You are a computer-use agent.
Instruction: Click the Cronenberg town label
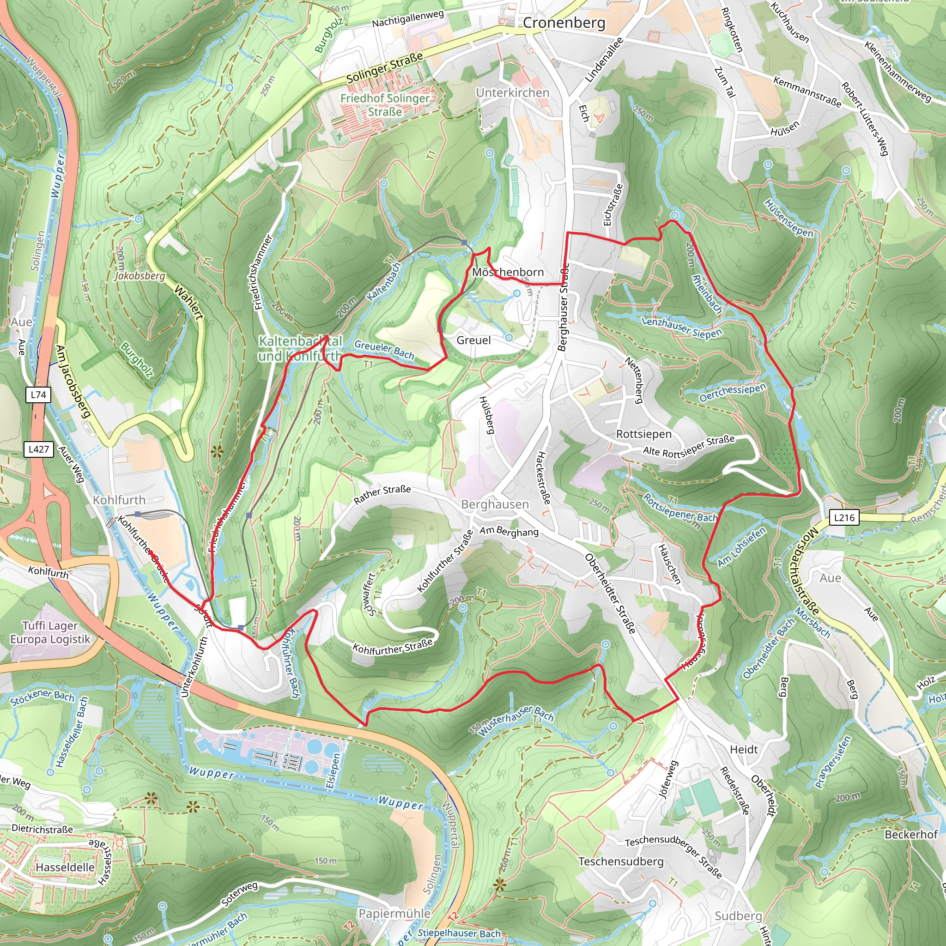pyautogui.click(x=564, y=23)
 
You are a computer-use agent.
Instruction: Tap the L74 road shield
pyautogui.click(x=38, y=394)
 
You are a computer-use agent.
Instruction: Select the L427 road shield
pyautogui.click(x=39, y=449)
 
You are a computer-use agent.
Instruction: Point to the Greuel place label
pyautogui.click(x=473, y=340)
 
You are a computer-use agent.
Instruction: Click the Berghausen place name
pyautogui.click(x=495, y=504)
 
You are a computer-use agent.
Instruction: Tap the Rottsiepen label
pyautogui.click(x=643, y=434)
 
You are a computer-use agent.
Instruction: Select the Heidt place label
pyautogui.click(x=743, y=750)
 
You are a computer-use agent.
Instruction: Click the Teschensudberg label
pyautogui.click(x=620, y=861)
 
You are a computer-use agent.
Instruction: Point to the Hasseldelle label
pyautogui.click(x=65, y=867)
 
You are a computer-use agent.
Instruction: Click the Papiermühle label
pyautogui.click(x=394, y=914)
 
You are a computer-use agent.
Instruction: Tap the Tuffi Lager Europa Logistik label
pyautogui.click(x=50, y=632)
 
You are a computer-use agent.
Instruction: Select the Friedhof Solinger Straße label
pyautogui.click(x=385, y=105)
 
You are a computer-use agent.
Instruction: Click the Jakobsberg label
pyautogui.click(x=140, y=276)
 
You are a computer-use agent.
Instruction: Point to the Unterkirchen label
pyautogui.click(x=512, y=92)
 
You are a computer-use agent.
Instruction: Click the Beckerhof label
pyautogui.click(x=910, y=834)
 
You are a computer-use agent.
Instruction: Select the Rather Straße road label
pyautogui.click(x=382, y=495)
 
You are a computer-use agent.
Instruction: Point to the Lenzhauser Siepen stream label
pyautogui.click(x=682, y=327)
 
